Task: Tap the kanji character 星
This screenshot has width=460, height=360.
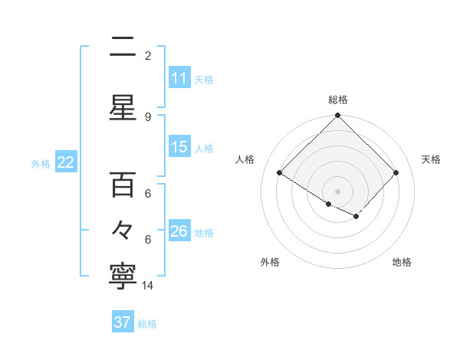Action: click(123, 108)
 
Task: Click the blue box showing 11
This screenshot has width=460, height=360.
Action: click(179, 78)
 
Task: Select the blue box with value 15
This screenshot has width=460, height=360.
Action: click(179, 147)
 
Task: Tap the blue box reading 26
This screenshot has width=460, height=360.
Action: click(179, 231)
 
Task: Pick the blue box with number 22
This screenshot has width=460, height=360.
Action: click(65, 162)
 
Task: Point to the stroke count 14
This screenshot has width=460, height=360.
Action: click(148, 286)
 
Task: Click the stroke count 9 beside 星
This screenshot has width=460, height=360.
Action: click(148, 116)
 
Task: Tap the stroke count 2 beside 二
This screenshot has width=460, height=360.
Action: click(148, 56)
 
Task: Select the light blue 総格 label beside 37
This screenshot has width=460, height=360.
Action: click(147, 323)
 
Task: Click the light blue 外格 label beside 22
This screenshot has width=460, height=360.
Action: click(40, 163)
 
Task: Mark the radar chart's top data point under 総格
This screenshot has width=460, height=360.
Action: click(337, 116)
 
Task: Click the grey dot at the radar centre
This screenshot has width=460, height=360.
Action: click(337, 191)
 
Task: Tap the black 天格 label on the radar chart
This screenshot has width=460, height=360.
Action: click(432, 159)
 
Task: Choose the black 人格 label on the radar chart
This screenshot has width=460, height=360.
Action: click(245, 159)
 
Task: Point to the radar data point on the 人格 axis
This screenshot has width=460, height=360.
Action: click(280, 173)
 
